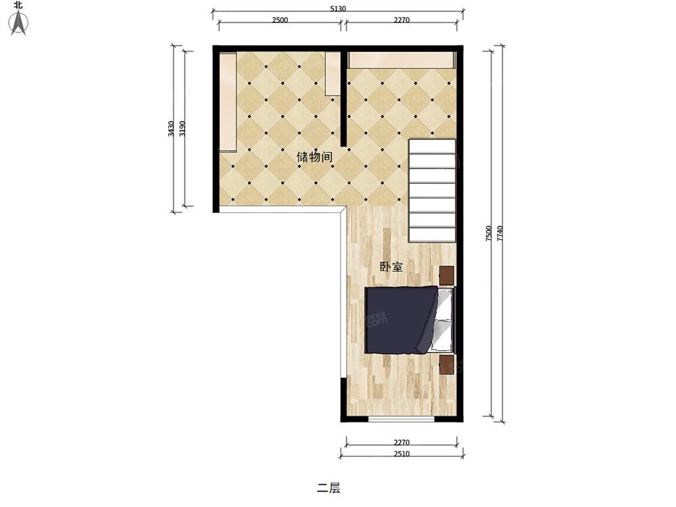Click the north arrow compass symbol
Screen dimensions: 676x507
[x=18, y=22]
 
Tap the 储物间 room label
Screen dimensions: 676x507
[x=315, y=157]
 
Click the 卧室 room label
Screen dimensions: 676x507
[x=391, y=267]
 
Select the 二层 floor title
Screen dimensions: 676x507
[x=329, y=488]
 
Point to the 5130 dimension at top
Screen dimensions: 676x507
[x=338, y=8]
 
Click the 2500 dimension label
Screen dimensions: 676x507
[x=280, y=20]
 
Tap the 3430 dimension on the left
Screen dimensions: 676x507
[x=171, y=128]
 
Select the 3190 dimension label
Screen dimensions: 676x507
[x=183, y=128]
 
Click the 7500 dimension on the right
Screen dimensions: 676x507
[x=489, y=233]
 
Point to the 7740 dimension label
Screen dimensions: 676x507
[x=500, y=233]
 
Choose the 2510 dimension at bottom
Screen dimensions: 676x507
[x=402, y=454]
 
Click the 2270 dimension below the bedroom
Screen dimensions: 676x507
[x=402, y=442]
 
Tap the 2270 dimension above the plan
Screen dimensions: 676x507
[x=402, y=20]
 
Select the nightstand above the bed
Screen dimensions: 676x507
[x=447, y=276]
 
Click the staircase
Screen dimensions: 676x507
[x=432, y=190]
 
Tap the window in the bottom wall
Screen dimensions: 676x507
[x=401, y=419]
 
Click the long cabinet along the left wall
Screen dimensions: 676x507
[x=228, y=102]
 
